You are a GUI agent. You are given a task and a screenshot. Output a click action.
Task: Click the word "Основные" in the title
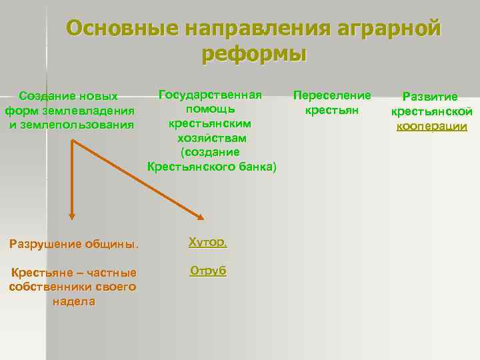click(122, 29)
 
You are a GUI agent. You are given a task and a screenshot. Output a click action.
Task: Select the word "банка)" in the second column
click(255, 166)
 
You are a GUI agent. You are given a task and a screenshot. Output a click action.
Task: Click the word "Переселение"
click(332, 95)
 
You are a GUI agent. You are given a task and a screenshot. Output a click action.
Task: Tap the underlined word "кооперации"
click(431, 125)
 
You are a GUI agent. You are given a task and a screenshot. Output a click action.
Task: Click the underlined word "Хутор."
click(207, 242)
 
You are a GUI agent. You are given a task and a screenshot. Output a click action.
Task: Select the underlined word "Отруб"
click(208, 271)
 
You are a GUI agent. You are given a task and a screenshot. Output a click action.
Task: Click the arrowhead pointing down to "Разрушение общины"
click(72, 216)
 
